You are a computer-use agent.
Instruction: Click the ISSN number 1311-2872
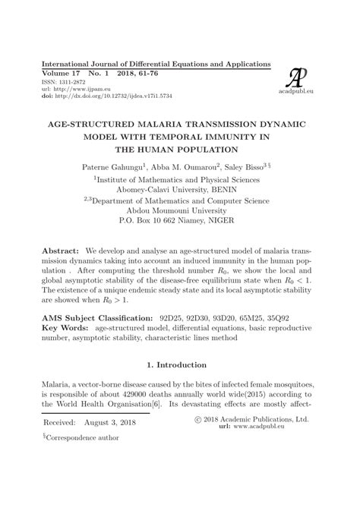pos(56,80)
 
